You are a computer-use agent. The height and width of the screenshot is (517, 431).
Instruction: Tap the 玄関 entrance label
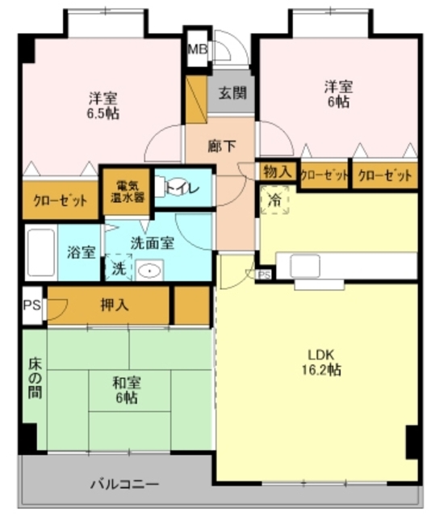tap(232, 92)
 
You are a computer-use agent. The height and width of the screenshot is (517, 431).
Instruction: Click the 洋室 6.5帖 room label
tap(104, 107)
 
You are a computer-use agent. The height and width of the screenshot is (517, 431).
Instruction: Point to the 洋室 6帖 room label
tap(337, 94)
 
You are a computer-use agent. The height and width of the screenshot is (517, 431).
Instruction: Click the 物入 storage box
tap(277, 172)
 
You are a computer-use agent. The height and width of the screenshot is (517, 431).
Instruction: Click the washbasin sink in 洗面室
tap(149, 269)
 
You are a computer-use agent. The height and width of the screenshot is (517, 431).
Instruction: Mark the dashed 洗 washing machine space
tap(118, 267)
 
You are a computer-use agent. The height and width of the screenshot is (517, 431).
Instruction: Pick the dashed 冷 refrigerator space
tap(275, 200)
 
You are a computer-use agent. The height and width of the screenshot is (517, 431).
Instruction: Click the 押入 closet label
tap(112, 305)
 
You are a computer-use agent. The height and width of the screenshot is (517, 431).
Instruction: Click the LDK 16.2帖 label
tap(321, 362)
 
